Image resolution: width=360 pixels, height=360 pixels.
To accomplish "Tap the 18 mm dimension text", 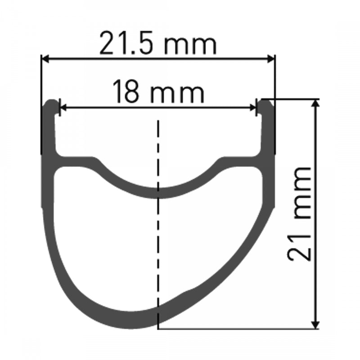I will [158, 93].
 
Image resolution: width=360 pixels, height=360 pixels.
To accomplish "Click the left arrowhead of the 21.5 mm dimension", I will [45, 58].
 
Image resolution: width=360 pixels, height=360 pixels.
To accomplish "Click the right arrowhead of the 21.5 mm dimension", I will [271, 58].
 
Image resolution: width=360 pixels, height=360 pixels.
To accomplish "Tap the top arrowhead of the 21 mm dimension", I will [318, 103].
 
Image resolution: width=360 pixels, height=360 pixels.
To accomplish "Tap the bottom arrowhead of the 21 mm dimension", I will [318, 324].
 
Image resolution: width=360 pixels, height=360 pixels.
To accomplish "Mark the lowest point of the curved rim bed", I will [158, 193].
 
